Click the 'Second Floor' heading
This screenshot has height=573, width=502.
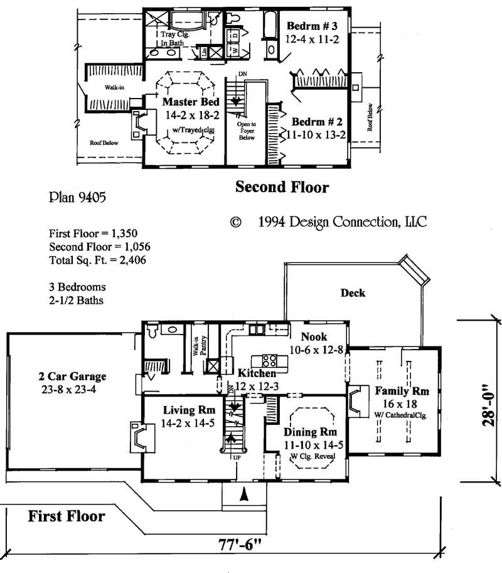click(x=282, y=186)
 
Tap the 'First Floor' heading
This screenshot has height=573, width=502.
click(x=66, y=517)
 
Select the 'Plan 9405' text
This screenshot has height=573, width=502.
click(x=77, y=198)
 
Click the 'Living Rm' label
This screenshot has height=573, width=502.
click(x=184, y=410)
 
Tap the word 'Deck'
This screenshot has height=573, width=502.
click(x=352, y=292)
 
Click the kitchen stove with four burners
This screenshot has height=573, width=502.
click(x=269, y=360)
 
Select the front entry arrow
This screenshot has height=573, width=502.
click(x=244, y=495)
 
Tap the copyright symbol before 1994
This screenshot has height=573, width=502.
click(x=236, y=222)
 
